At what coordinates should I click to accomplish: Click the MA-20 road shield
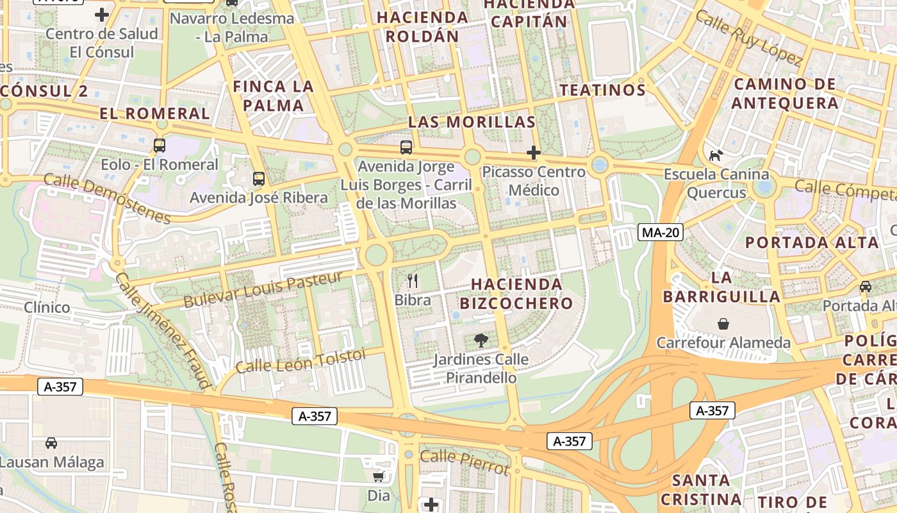(660, 232)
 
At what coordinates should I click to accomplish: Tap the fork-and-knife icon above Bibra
(413, 280)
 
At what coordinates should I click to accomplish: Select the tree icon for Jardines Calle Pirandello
(481, 341)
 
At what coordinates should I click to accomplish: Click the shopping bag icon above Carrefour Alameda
(723, 324)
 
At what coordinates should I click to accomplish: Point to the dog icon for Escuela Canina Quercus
(716, 155)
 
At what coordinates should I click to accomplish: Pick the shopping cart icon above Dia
(378, 476)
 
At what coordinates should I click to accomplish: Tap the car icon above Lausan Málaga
(51, 442)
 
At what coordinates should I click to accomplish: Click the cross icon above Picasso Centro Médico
(533, 153)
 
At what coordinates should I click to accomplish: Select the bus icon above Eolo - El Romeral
(159, 146)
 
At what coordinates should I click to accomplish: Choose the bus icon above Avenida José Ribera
(258, 178)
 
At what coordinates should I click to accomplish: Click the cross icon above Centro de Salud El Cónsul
(101, 15)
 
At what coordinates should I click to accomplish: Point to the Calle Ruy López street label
(748, 38)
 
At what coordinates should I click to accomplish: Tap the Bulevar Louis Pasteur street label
(263, 289)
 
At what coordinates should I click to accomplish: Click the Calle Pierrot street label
(465, 462)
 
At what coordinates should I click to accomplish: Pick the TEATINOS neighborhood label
(602, 90)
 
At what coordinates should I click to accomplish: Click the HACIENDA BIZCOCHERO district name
(520, 294)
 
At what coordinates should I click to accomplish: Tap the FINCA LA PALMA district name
(274, 96)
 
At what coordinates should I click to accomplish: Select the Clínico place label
(47, 307)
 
